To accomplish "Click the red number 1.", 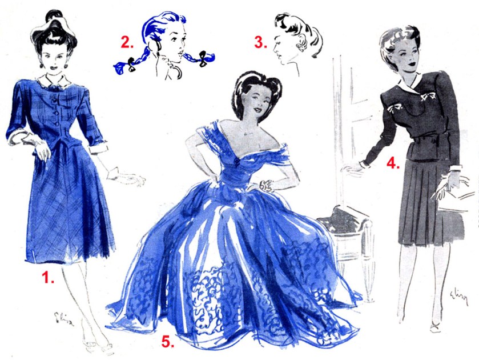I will pos(47,278).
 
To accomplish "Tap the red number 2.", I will pos(126,42).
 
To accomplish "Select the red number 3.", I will pos(260,42).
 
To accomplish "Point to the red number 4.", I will pos(392,163).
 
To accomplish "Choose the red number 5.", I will pos(167,342).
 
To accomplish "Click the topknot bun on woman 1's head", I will pos(53,19).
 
